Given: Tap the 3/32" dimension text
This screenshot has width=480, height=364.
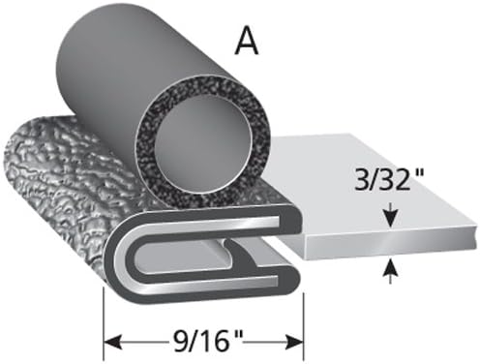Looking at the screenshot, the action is (388, 179).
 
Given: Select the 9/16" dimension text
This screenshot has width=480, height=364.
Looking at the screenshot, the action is (206, 341).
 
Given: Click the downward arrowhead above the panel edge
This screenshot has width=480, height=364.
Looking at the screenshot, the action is (390, 220).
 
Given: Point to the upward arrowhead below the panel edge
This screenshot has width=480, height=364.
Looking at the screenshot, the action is (390, 268).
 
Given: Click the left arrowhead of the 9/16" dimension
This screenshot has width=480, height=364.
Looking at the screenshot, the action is (112, 342).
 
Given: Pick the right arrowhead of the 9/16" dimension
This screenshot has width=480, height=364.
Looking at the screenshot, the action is (294, 342).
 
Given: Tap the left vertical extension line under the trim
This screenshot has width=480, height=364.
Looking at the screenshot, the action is (104, 323).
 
